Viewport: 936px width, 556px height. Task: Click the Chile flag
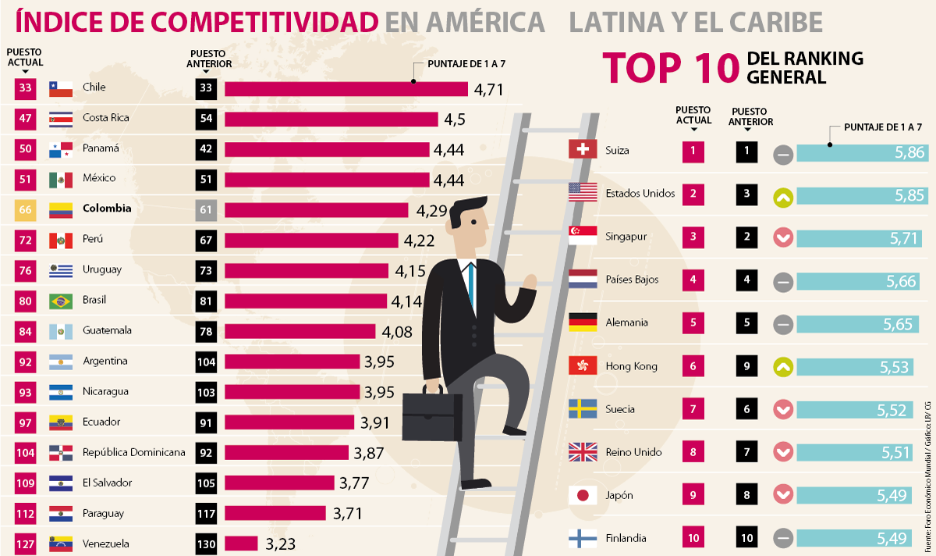tap(60, 87)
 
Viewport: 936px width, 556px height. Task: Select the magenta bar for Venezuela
tap(241, 544)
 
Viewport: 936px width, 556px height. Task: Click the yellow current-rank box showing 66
tap(25, 209)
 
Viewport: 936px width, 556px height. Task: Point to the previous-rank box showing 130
tap(206, 544)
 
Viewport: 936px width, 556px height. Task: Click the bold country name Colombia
tap(107, 208)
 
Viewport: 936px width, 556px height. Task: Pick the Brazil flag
tap(60, 301)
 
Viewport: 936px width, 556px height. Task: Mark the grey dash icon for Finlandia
tap(784, 539)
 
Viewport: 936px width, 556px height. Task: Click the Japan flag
tap(583, 495)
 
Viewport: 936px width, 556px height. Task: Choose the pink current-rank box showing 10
tap(693, 537)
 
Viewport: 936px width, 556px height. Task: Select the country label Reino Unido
tap(633, 452)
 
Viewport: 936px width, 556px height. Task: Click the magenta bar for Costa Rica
tap(331, 119)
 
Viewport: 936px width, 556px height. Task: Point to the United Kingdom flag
tap(583, 452)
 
